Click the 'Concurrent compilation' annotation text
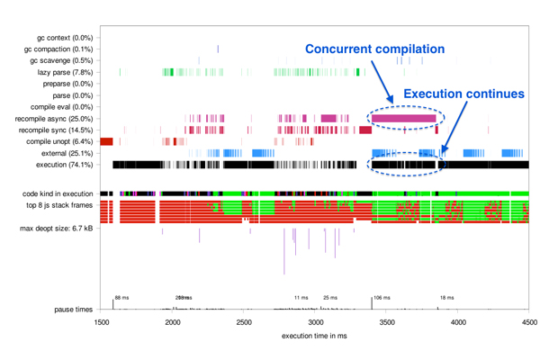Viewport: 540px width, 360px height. tap(375, 49)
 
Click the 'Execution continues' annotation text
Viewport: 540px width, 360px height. tap(463, 94)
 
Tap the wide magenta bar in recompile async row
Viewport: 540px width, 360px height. tap(403, 118)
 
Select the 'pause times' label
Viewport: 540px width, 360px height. tap(72, 310)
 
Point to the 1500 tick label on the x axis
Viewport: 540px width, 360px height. tap(102, 321)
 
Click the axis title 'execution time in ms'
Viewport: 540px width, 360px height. tap(315, 337)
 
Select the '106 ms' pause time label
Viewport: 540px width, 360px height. tap(382, 297)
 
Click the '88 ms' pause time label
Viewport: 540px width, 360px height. tap(121, 297)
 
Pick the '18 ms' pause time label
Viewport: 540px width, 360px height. tap(446, 297)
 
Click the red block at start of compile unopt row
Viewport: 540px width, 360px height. tap(106, 141)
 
